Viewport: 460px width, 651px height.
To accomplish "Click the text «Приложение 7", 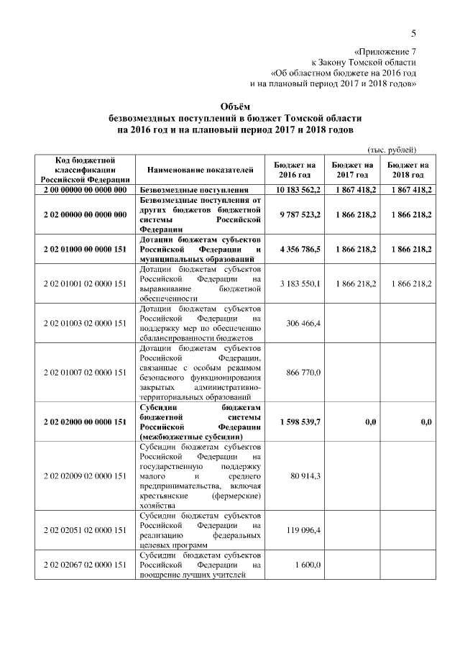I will [x=385, y=52].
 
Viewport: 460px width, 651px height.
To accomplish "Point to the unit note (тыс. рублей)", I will [x=392, y=150].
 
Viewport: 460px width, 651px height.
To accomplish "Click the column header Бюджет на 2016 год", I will [x=295, y=170].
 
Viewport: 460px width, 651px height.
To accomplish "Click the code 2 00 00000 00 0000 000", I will [x=84, y=190].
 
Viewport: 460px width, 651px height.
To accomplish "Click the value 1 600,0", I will [x=308, y=566].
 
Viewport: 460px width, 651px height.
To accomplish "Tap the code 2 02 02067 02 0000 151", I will [x=84, y=566].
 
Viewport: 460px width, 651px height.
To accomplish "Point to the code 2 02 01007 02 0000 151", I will [x=84, y=372].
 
